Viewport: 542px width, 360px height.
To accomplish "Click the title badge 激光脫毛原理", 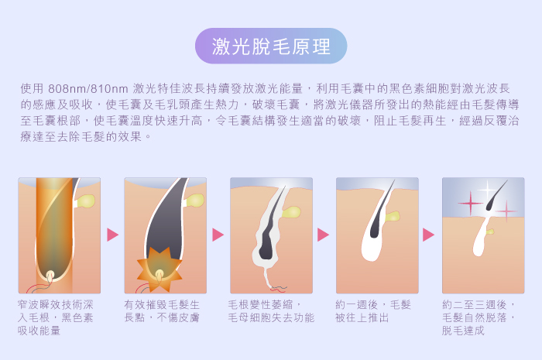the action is pos(271,46).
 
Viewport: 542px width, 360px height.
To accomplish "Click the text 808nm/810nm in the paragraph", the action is pos(88,89).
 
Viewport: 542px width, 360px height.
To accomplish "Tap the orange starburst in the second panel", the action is pos(160,269).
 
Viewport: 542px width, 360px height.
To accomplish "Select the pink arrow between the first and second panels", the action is pos(113,235).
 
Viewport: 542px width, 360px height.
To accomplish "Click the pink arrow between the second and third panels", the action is pos(218,235).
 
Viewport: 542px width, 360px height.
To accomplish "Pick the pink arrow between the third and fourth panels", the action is pos(323,235).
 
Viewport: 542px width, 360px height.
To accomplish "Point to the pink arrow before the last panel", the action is pos(428,235).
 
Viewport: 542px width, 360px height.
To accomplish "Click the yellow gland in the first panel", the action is pos(85,201).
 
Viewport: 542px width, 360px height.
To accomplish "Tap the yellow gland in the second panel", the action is pos(194,201).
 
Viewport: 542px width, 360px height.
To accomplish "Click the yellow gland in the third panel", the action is pos(291,212).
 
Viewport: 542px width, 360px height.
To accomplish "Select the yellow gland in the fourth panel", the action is pos(392,216).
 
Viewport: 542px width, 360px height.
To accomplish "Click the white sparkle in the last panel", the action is pos(487,190).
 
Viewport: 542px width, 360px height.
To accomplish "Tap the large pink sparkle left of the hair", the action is pos(471,203).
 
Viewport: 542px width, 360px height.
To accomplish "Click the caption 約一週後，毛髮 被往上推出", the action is pos(373,311).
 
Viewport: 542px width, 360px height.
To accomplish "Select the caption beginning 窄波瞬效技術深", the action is pos(55,317).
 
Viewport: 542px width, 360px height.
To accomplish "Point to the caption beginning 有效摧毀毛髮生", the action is pos(162,311).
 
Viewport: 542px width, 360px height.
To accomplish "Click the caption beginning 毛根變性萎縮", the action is pos(271,311).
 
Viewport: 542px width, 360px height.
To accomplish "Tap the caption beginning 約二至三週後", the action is pos(479,317).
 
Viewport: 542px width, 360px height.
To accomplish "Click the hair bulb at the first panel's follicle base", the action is pos(50,276).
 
